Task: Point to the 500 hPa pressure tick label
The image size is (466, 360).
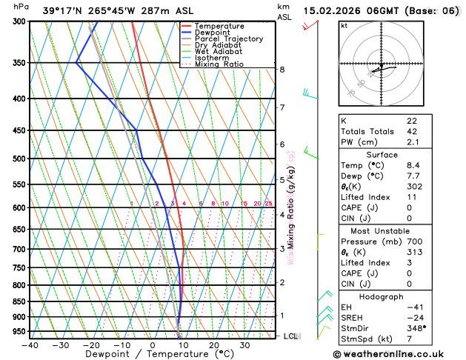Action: point(19,159)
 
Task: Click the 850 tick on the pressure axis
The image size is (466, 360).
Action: point(19,301)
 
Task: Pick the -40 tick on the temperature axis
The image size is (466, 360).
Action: point(30,344)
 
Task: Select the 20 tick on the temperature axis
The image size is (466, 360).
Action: point(213,344)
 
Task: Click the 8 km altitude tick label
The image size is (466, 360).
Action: point(282,70)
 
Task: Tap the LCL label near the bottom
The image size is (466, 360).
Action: point(290,336)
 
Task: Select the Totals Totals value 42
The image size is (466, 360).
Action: point(412,131)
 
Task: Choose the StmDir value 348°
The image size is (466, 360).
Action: point(416,327)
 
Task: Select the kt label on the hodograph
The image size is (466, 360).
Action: point(344,25)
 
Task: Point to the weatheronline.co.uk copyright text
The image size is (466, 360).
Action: point(397,353)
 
